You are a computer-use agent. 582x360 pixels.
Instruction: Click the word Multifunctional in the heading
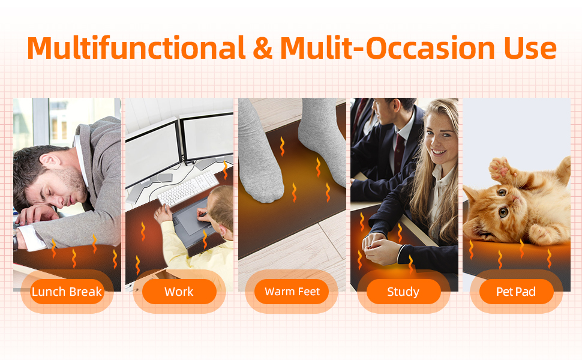[x=136, y=48]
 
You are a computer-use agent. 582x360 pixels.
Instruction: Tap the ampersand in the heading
[x=262, y=49]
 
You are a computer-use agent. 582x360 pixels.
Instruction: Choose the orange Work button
[x=179, y=292]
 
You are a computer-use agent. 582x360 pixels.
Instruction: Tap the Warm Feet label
[x=292, y=292]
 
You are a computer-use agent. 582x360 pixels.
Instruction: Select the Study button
[x=403, y=292]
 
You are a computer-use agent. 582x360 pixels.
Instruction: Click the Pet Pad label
[x=516, y=292]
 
